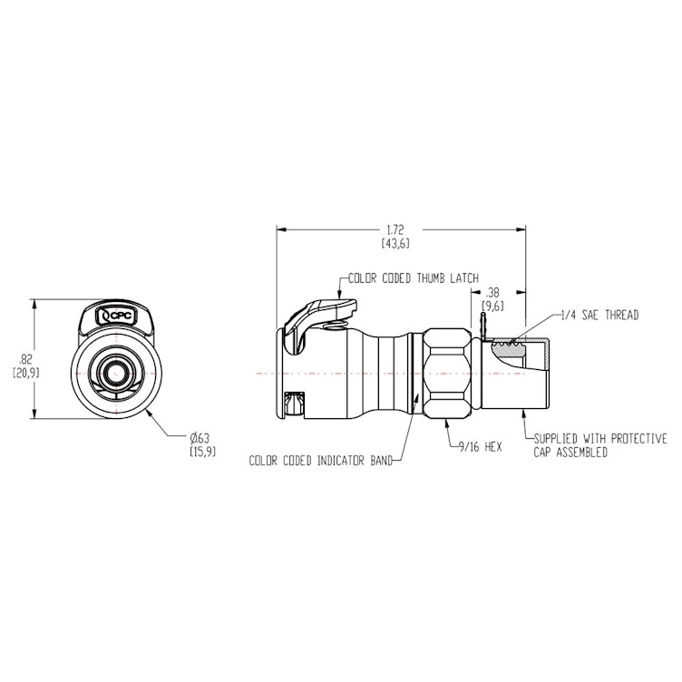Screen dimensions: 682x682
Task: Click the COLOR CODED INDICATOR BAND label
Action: (x=320, y=461)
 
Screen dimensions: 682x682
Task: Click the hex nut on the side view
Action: (x=447, y=372)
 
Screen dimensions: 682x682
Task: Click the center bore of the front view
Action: (x=115, y=372)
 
